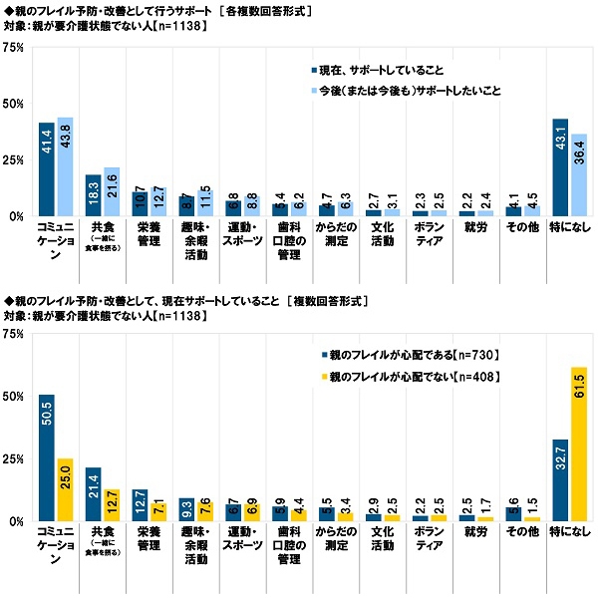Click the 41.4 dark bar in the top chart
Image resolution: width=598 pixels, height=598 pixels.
(47, 169)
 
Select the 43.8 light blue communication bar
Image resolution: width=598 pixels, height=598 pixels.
(65, 166)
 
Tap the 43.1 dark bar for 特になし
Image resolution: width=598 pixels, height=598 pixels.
(560, 167)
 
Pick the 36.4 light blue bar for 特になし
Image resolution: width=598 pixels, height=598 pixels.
(578, 175)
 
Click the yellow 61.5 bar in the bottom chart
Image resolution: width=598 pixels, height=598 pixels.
(578, 445)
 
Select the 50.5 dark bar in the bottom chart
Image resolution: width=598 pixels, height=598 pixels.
(47, 457)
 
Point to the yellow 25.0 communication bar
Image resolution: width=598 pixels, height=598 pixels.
(65, 489)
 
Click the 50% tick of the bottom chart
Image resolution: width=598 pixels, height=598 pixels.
(14, 397)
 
